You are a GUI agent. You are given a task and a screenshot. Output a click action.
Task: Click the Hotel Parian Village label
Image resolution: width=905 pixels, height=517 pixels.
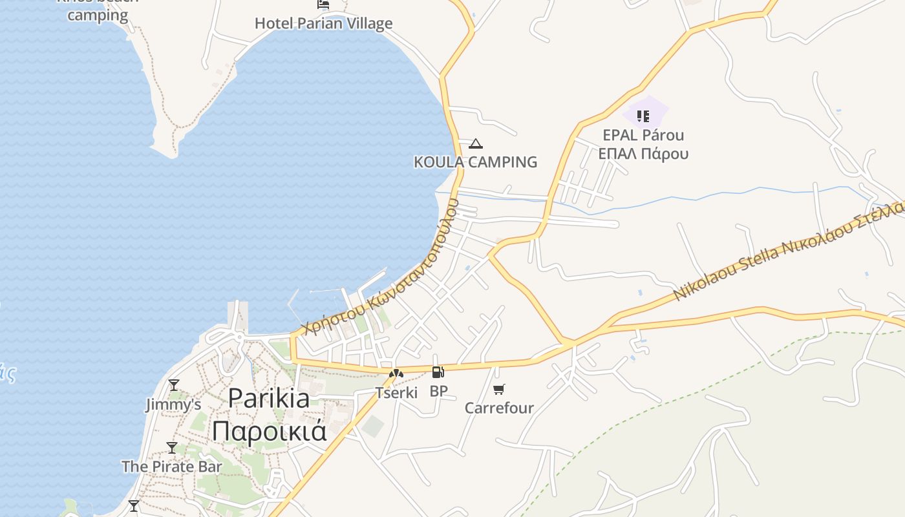click(323, 23)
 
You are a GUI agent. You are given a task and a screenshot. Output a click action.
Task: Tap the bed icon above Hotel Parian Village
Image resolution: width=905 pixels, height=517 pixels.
click(323, 4)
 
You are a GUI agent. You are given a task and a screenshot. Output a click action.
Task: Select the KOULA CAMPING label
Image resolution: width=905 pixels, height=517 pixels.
click(475, 162)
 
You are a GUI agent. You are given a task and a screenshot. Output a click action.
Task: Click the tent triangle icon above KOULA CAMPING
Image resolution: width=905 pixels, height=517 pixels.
click(476, 143)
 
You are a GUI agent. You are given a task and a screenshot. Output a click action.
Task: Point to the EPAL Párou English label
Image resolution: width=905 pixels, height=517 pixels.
click(643, 135)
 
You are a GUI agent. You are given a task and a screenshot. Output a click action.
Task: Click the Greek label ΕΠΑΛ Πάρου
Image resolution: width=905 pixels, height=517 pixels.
click(643, 154)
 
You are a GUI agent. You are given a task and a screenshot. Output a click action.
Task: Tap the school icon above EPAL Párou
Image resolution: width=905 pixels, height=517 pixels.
click(643, 116)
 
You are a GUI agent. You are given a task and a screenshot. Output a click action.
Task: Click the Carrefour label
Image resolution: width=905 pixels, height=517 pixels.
click(499, 408)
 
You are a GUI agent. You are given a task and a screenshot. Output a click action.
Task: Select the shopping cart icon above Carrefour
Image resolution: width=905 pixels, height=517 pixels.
click(498, 389)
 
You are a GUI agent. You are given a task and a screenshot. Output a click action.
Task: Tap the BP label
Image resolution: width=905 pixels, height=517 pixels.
click(438, 391)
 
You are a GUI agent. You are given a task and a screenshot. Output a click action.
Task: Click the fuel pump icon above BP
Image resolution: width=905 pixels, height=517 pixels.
click(438, 372)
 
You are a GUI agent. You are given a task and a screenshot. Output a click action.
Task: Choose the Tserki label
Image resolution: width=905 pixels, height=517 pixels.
click(396, 392)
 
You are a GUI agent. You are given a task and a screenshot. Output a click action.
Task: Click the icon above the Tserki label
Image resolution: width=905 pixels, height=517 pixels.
click(396, 374)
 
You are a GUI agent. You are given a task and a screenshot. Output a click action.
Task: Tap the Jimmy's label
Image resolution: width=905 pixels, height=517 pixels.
click(173, 405)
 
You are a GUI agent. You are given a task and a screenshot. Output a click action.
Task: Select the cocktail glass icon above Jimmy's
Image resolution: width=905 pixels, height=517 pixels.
click(173, 386)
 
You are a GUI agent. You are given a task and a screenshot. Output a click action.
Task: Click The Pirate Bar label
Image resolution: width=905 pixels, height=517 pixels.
click(171, 466)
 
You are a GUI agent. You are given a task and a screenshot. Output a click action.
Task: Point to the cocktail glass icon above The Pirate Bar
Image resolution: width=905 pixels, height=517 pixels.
click(171, 447)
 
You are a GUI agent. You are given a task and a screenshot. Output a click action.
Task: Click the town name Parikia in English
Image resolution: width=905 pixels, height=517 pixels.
click(269, 397)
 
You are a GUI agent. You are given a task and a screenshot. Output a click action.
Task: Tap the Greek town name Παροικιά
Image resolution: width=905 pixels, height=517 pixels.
click(270, 431)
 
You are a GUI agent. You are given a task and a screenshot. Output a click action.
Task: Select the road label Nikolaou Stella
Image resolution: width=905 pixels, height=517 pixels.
click(724, 272)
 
